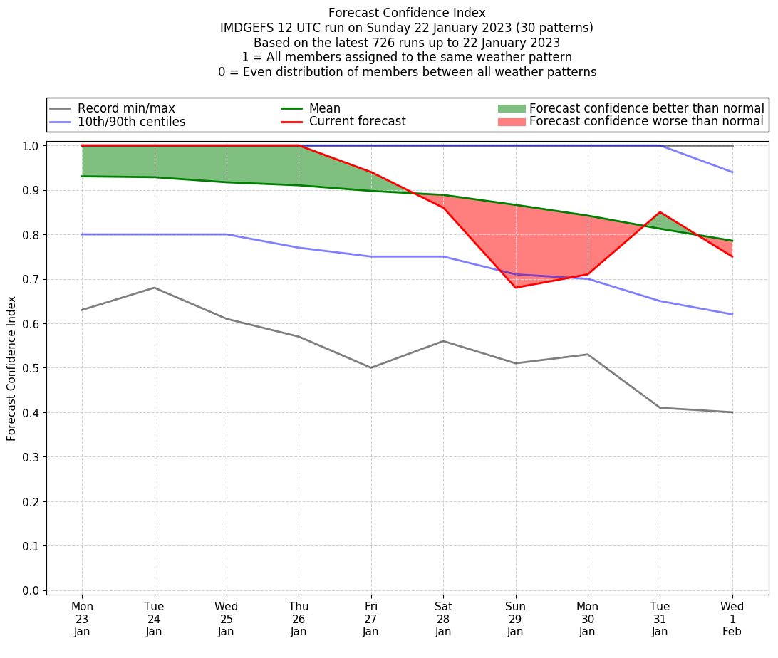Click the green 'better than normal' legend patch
[x=511, y=108]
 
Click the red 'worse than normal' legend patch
[x=511, y=122]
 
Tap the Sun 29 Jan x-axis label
[x=515, y=619]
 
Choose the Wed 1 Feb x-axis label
[x=732, y=619]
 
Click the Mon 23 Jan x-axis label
[x=82, y=619]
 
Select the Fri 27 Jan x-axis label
[x=370, y=619]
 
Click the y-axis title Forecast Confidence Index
[x=12, y=368]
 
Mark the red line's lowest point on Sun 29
[x=515, y=288]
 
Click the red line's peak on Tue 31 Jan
[x=660, y=212]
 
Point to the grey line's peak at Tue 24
[x=155, y=288]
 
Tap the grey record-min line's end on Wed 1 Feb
[x=732, y=412]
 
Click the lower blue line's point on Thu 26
[x=299, y=248]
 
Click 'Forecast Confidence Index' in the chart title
[x=407, y=13]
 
